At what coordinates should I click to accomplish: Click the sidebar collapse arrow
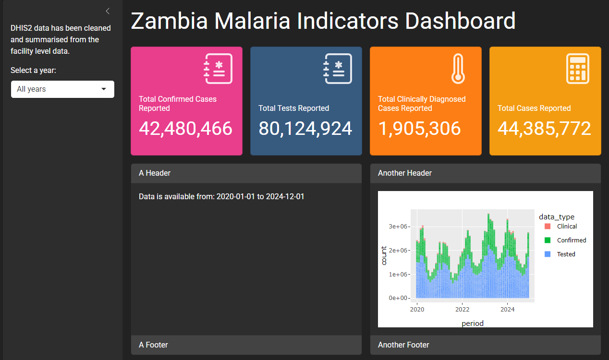click(108, 11)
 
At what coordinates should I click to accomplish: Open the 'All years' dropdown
click(62, 89)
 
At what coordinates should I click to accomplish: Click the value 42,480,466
click(186, 129)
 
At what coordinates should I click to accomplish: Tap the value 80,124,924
click(305, 129)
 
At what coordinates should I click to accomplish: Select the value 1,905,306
click(419, 129)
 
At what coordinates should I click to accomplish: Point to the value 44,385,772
click(544, 129)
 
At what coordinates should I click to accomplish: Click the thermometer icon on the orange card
click(458, 69)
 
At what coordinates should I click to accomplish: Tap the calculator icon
click(578, 69)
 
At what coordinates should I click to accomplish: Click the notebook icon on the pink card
click(218, 69)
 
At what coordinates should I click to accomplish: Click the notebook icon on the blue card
click(338, 69)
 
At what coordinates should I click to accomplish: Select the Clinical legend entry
click(560, 227)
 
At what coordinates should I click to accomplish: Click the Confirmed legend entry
click(565, 240)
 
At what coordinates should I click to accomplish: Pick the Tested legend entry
click(560, 254)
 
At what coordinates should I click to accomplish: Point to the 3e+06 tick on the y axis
click(398, 227)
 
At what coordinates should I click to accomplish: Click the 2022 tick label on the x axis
click(462, 309)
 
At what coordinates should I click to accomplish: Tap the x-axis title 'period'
click(473, 324)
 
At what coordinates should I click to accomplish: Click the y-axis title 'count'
click(384, 255)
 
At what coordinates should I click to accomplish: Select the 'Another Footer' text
click(403, 345)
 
